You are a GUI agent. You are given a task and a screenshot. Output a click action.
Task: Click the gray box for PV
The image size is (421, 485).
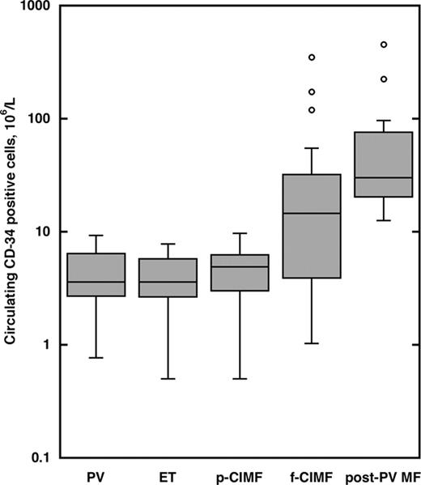(x=96, y=274)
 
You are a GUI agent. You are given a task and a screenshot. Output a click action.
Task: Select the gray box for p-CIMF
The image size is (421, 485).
(x=240, y=273)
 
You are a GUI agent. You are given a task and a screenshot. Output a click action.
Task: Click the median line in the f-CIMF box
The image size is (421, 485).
(x=311, y=213)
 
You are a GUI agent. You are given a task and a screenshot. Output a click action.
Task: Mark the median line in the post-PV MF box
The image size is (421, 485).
(x=383, y=177)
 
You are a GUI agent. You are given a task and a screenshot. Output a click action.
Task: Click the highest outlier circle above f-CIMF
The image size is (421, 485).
(x=312, y=57)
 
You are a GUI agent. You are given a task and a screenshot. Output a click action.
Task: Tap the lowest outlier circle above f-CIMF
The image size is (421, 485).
(x=312, y=109)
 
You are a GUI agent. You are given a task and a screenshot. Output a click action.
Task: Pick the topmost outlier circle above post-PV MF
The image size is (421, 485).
(x=384, y=45)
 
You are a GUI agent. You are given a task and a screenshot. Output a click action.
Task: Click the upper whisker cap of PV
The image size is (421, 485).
(x=96, y=236)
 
